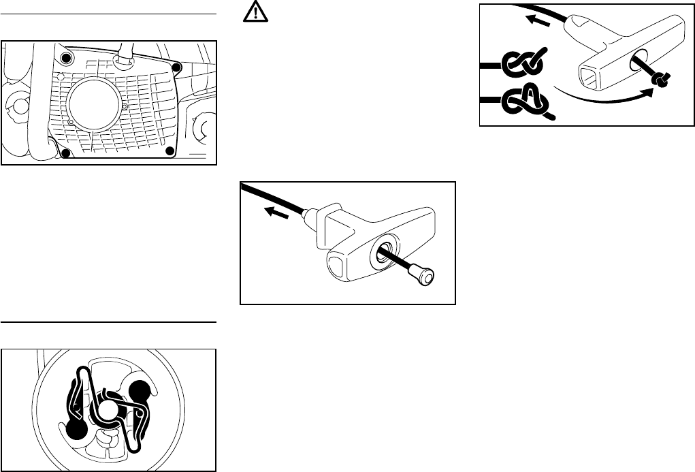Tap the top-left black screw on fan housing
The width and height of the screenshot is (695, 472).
tap(65, 55)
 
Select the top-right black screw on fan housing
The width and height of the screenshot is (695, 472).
tap(176, 67)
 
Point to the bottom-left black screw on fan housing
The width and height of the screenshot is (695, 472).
tap(65, 153)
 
